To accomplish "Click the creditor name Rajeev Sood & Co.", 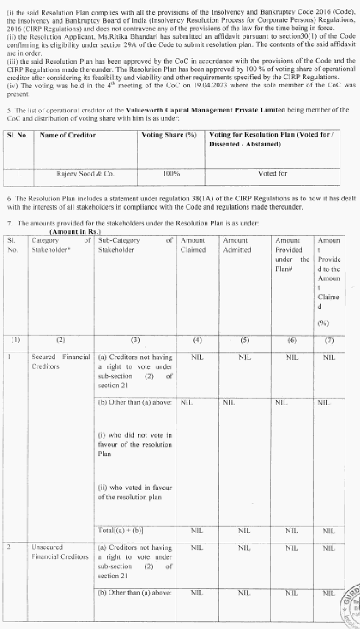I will (79, 174).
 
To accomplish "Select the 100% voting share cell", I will (170, 174).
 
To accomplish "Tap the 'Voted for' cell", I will (272, 174).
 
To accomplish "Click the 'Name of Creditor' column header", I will (67, 135).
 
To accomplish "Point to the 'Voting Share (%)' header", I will (169, 135).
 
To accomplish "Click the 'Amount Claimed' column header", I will (193, 245).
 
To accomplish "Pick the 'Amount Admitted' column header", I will (237, 245).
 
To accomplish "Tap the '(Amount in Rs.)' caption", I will (75, 231).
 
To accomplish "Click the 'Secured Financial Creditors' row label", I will (61, 362).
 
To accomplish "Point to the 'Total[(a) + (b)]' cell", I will (121, 531).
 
